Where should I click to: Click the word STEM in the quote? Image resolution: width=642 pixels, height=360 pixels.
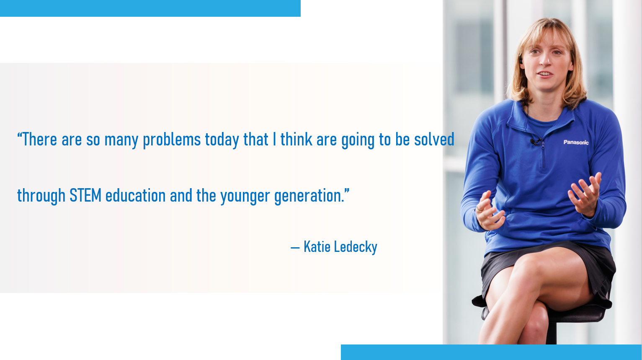85,195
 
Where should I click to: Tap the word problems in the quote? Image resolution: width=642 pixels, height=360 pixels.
172,140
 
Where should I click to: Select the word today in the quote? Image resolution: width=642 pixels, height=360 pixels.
222,140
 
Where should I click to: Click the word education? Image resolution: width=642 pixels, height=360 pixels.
136,195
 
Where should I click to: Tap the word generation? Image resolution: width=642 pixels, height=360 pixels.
309,197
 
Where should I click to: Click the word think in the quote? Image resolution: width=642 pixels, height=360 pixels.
297,139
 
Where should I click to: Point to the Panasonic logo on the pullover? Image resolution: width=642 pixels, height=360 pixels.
576,142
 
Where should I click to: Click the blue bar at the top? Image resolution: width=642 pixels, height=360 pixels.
150,8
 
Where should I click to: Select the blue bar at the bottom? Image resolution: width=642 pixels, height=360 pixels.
491,352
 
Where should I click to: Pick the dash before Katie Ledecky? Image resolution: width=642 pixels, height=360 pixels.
295,248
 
